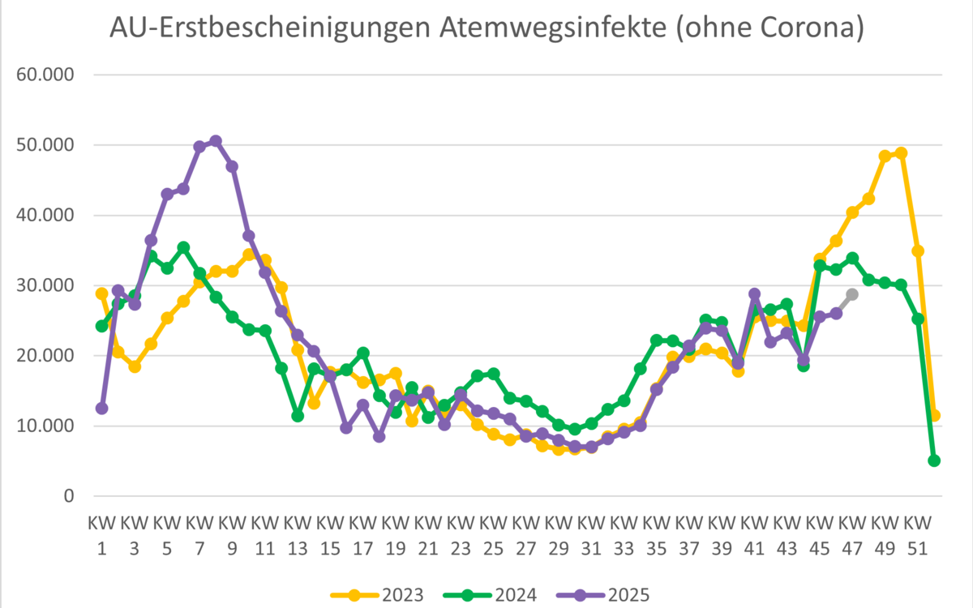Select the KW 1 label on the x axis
pos(101,535)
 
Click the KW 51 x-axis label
pos(918,535)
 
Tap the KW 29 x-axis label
pos(559,535)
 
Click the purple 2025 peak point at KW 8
pos(216,141)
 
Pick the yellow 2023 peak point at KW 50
pos(901,153)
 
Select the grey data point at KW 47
pos(852,294)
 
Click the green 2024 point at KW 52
pos(934,460)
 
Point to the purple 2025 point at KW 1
pos(101,409)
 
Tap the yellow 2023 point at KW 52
pos(934,415)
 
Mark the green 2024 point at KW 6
pos(183,247)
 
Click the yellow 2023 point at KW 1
pos(101,293)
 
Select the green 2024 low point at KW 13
pos(298,416)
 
